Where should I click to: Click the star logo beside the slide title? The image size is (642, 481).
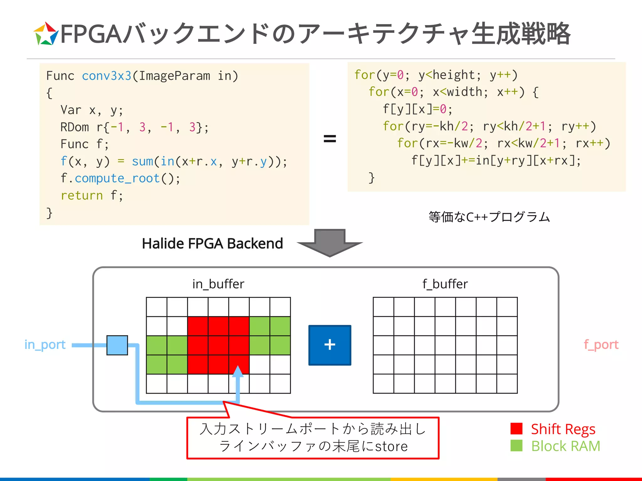tap(46, 34)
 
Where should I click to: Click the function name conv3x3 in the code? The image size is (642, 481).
tap(107, 76)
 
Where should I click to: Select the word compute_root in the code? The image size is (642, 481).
tap(117, 178)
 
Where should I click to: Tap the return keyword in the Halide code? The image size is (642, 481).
tap(82, 195)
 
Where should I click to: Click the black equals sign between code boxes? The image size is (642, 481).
tap(330, 138)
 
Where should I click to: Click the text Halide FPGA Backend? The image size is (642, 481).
tap(212, 244)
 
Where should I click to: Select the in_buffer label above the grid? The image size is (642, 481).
tap(218, 284)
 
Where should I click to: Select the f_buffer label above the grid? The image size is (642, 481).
tap(445, 284)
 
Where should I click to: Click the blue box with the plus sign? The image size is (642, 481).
tap(330, 345)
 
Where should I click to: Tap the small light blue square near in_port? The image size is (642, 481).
tap(117, 345)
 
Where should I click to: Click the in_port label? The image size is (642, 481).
tap(45, 345)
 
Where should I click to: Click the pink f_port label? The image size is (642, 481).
tap(601, 345)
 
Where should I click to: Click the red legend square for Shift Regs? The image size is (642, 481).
tap(516, 429)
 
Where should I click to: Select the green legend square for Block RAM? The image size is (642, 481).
tap(516, 446)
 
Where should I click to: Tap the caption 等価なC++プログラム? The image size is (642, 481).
tap(489, 217)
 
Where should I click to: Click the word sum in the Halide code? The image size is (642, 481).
tap(142, 161)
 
